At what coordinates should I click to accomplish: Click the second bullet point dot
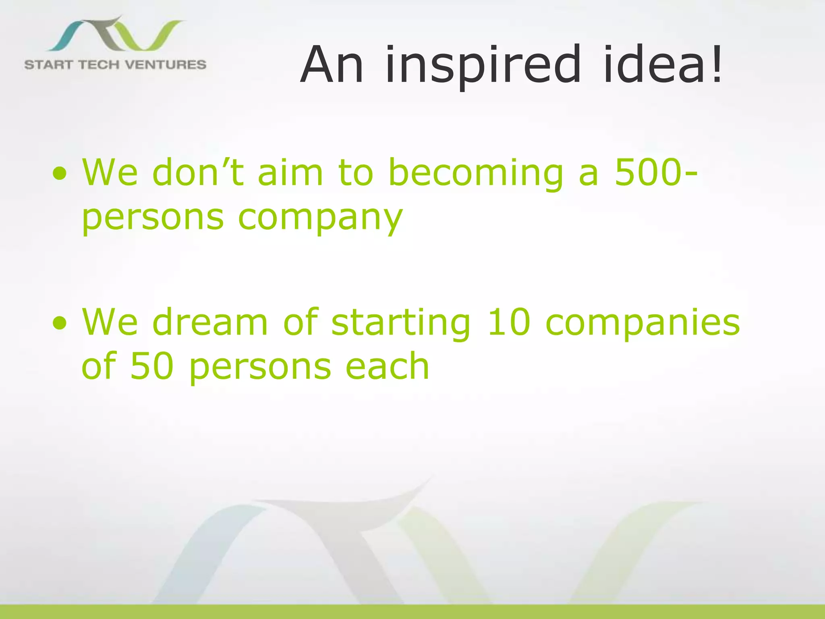click(60, 323)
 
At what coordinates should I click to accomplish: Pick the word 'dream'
click(210, 322)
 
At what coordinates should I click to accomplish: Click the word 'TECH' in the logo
click(98, 64)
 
